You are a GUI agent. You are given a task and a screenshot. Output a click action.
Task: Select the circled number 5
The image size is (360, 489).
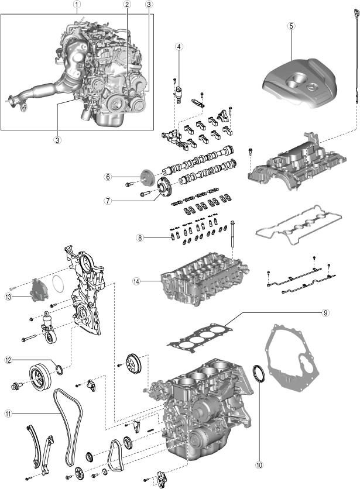click(292, 26)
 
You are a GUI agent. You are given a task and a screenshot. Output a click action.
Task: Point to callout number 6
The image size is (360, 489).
click(108, 176)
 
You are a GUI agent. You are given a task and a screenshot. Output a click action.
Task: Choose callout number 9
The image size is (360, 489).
click(325, 312)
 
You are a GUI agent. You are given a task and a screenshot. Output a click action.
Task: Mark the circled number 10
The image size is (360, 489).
click(259, 466)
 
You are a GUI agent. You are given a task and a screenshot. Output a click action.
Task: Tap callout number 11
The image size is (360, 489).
click(8, 413)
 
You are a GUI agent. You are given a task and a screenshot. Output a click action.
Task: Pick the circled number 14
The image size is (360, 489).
click(136, 281)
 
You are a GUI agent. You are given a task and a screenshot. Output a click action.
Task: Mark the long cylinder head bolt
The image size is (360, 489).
click(234, 240)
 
